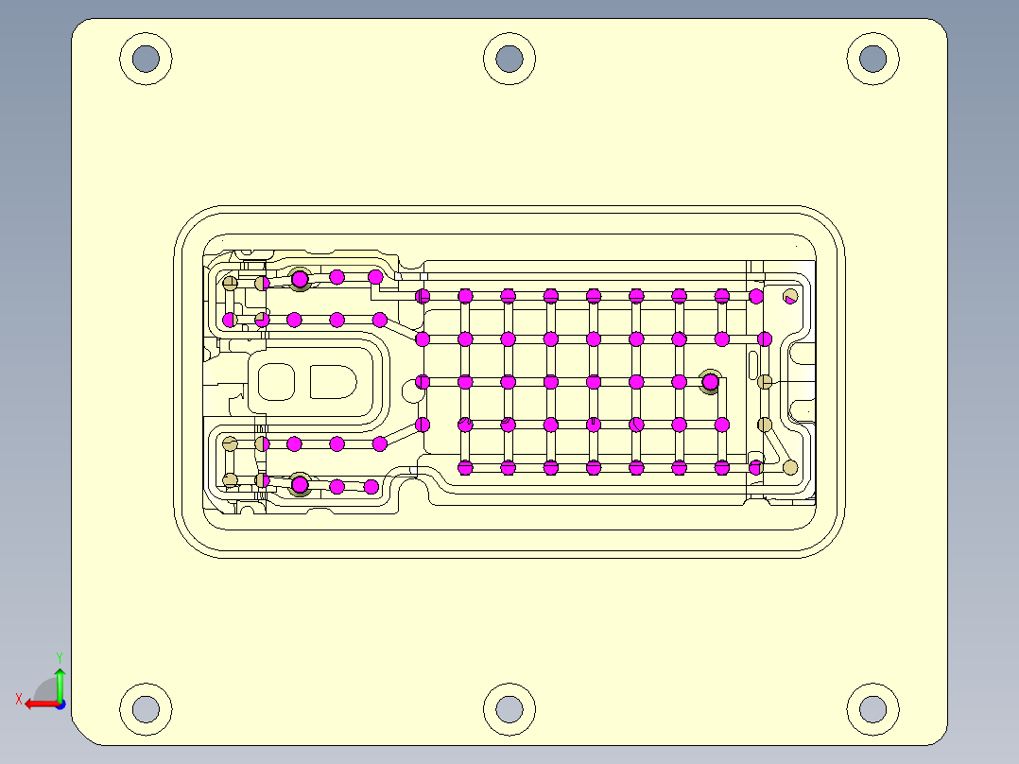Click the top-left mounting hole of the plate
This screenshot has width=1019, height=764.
point(146,59)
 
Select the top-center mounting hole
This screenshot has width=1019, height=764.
point(509,59)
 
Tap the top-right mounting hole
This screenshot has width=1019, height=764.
point(872,59)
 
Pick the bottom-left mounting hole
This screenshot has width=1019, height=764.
point(146,708)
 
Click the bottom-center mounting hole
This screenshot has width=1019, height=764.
point(509,708)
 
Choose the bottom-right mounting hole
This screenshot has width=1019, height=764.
point(872,708)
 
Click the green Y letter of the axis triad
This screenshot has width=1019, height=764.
point(60,656)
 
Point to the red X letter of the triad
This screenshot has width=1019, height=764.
point(18,699)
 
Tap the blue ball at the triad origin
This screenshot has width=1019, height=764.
point(60,703)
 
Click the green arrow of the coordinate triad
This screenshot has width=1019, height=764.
point(60,683)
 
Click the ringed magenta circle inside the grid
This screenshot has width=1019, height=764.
point(710,382)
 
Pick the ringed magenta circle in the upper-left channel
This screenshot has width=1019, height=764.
point(300,279)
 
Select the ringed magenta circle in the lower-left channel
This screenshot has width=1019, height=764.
point(300,485)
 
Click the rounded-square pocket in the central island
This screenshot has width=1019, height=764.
point(277,382)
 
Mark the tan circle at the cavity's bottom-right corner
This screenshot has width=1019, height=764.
point(790,467)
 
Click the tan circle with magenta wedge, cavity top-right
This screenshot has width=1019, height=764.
point(790,296)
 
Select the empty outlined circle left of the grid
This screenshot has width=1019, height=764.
point(408,385)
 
